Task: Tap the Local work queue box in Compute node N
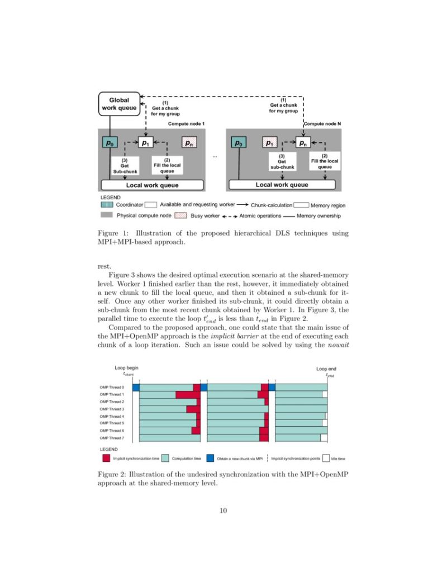(282, 185)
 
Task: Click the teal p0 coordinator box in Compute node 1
(110, 142)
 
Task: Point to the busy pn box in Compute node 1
(189, 142)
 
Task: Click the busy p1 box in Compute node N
(269, 142)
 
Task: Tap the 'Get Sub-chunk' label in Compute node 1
(125, 165)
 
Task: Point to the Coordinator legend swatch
(106, 205)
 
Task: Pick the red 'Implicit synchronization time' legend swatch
(106, 458)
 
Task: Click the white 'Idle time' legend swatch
(326, 458)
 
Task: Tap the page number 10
(223, 510)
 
